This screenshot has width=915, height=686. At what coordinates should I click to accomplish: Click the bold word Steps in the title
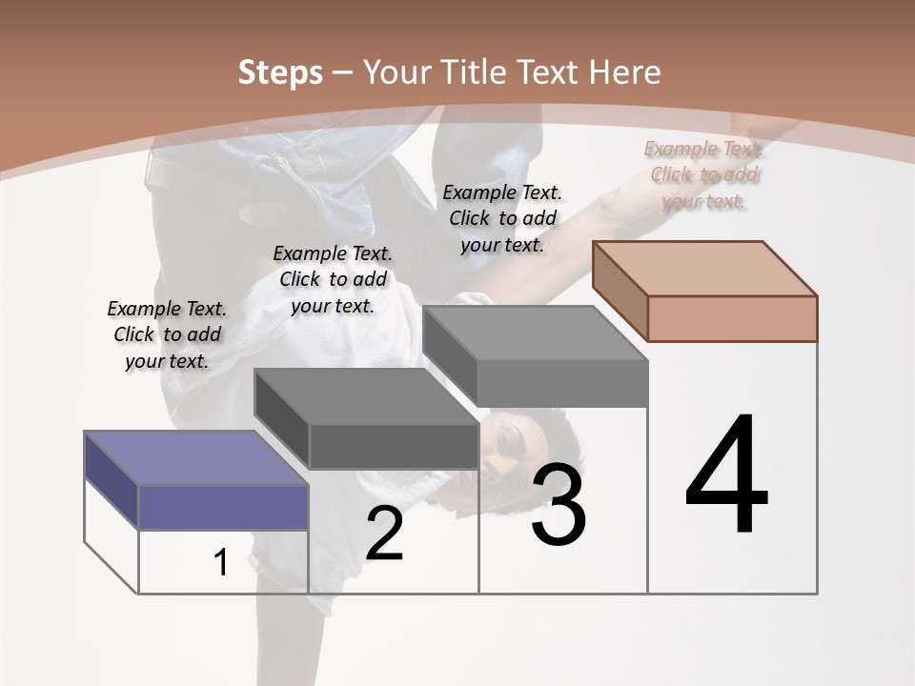tap(280, 72)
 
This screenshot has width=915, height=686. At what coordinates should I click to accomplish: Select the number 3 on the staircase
tap(559, 505)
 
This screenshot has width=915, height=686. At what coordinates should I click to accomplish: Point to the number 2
tap(384, 534)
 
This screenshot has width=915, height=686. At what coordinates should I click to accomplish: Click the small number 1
tap(221, 563)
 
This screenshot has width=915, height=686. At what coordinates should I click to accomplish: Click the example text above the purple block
tap(167, 334)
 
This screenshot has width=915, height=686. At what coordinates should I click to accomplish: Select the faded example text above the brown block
tap(703, 174)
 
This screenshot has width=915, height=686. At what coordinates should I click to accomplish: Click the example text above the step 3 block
tap(502, 218)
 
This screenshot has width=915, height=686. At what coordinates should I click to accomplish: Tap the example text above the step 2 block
tap(333, 279)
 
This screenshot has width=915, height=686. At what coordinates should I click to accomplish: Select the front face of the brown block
tap(732, 318)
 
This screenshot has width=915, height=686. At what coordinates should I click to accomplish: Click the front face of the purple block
tap(223, 507)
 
